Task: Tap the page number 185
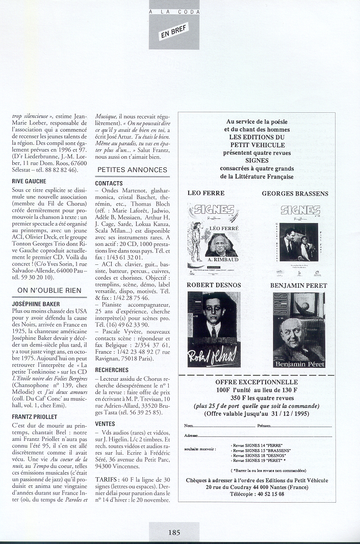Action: point(174,532)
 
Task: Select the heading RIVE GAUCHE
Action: point(29,181)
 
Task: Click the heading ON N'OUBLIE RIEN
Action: point(49,290)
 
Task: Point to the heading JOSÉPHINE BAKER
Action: point(34,303)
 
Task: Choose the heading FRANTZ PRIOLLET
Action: point(35,417)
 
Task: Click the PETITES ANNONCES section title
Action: point(132,169)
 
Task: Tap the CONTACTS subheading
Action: point(109,183)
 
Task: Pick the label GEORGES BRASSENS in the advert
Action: point(295,193)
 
